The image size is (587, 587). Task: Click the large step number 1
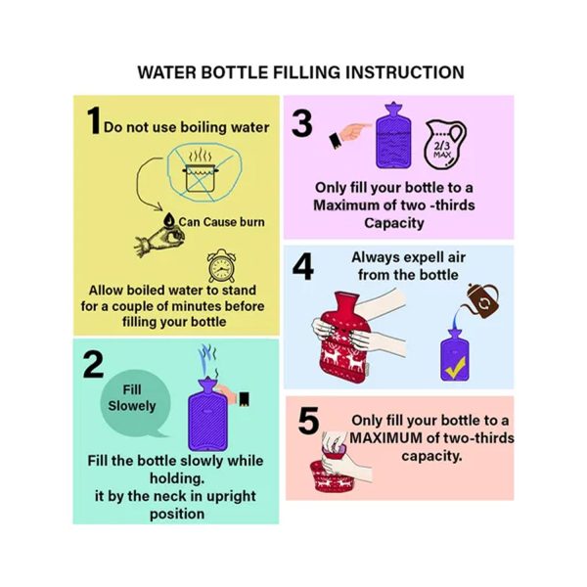[94, 119]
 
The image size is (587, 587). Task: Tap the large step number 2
[93, 365]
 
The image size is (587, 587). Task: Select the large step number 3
[301, 123]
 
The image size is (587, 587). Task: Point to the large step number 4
[303, 266]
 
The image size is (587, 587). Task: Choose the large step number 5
[308, 421]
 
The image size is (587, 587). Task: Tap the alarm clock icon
[222, 266]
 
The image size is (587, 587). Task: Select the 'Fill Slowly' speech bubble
[136, 403]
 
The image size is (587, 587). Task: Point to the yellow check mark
[455, 367]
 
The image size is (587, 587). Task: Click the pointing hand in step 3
[349, 135]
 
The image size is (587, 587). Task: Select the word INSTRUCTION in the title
[404, 72]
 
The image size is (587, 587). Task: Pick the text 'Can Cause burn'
[222, 222]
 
